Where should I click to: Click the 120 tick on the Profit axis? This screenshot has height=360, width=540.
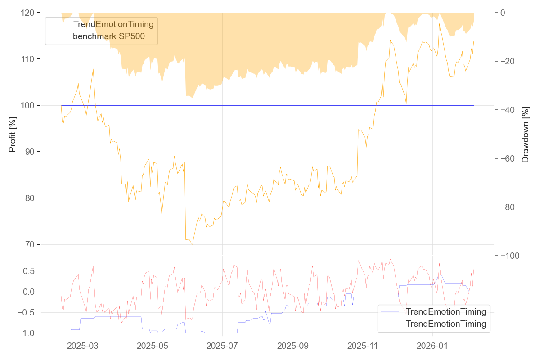28,13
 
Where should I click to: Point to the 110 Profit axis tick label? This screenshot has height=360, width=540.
28,59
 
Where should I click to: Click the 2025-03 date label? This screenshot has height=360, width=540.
83,346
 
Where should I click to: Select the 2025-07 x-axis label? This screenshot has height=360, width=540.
223,346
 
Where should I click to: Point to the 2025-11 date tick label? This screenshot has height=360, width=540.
363,346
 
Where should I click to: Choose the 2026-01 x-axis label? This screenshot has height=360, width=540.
432,346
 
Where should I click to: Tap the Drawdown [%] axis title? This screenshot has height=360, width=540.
525,134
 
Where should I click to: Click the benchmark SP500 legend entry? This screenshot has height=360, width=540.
109,36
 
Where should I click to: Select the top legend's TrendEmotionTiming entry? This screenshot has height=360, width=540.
113,24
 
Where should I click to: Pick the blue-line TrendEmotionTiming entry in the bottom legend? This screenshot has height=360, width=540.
445,311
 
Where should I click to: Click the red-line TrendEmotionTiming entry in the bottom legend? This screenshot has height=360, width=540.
445,324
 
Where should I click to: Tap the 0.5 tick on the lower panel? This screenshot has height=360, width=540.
28,271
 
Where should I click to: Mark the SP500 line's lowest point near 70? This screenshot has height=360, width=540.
193,244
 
